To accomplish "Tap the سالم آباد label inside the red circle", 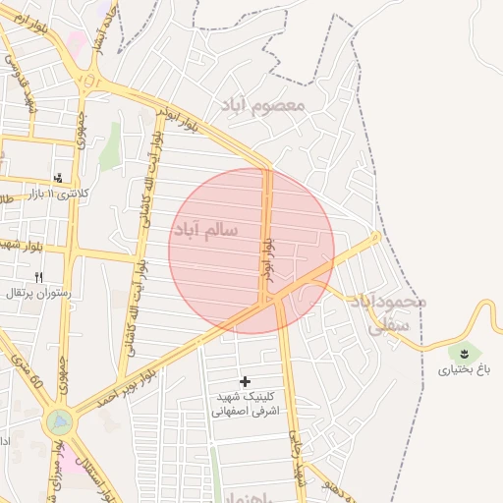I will [x=205, y=230].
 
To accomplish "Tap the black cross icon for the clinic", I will [x=245, y=380].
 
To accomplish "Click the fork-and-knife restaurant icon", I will [x=39, y=277].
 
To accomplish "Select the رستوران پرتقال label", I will [x=35, y=293].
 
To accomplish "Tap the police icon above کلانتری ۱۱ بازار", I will [x=59, y=178].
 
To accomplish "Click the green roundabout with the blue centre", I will [x=59, y=422].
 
